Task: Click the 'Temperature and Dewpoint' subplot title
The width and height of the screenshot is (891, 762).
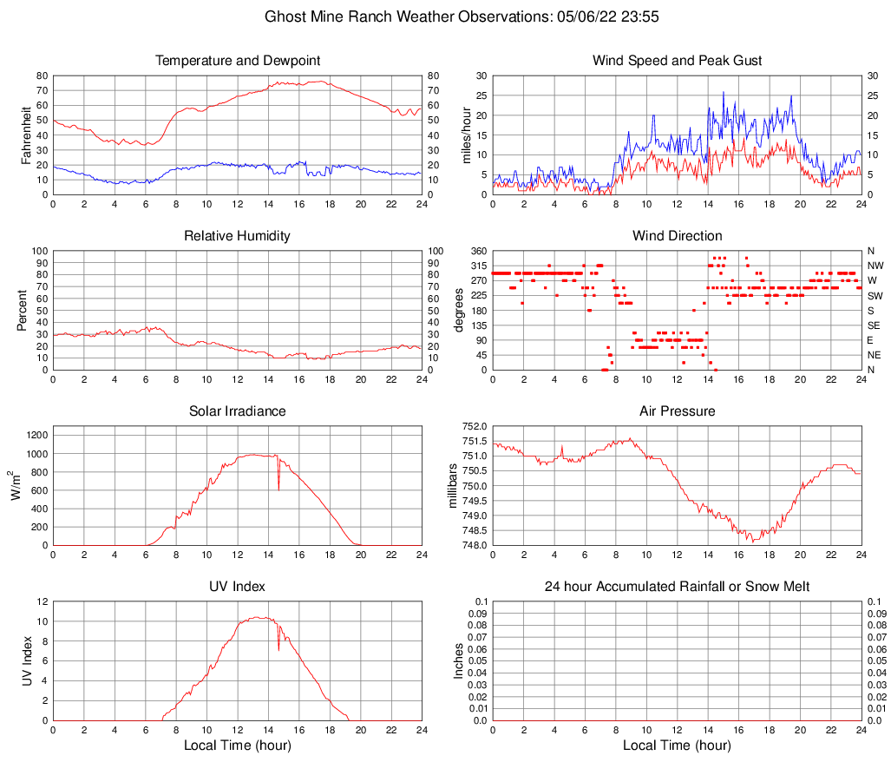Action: coord(238,61)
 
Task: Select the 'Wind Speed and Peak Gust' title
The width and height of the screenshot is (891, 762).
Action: coord(677,61)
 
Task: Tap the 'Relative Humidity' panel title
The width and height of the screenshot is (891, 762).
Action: coord(238,236)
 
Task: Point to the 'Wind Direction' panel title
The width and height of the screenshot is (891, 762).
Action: coord(677,236)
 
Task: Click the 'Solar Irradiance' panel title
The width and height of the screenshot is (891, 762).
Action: coord(238,411)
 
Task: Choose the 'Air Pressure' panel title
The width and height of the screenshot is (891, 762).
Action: coord(677,411)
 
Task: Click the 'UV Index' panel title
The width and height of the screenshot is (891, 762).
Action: coord(238,587)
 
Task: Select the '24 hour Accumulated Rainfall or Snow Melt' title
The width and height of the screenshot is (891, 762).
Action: coord(677,587)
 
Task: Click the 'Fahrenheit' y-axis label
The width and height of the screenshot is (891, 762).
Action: coord(26,135)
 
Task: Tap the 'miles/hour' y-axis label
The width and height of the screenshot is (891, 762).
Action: coord(466,135)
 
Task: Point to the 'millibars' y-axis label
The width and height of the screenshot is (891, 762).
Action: coord(452,485)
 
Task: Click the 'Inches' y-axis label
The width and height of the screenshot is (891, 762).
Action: coord(459,660)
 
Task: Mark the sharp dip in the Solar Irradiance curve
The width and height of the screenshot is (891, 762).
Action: coord(278,488)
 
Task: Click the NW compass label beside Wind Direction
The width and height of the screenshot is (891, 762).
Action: coord(875,266)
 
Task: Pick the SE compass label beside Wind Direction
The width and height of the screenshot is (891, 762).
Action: coord(875,325)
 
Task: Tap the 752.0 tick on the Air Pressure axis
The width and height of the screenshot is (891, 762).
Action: coord(475,427)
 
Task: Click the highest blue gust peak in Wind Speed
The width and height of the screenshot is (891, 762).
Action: coord(724,92)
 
